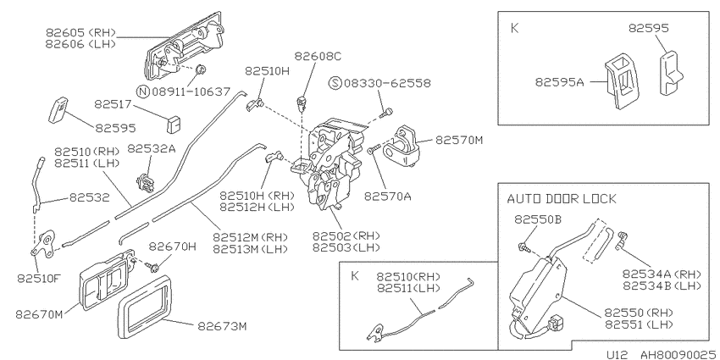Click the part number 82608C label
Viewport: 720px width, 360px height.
(x=318, y=56)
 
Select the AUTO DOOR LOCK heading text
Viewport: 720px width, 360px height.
(x=562, y=199)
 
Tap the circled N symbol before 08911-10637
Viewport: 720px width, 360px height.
(x=144, y=91)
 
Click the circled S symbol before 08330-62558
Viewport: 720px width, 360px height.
(x=336, y=83)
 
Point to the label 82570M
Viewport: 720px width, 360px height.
(x=459, y=140)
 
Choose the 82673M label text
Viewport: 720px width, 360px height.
(x=222, y=326)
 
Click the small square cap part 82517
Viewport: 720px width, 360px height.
(x=173, y=125)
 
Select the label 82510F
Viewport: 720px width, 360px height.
(x=41, y=279)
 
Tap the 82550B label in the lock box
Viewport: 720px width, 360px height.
(x=538, y=219)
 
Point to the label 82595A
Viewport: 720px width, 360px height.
(x=559, y=82)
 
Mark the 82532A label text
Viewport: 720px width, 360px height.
(x=151, y=149)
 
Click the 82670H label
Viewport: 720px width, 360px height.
(x=173, y=246)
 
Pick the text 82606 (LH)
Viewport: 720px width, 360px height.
(x=80, y=43)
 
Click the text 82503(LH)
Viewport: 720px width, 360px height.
(x=346, y=247)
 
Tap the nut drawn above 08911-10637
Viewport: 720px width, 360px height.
(x=200, y=69)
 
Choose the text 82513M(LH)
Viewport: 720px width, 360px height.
(x=250, y=249)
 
